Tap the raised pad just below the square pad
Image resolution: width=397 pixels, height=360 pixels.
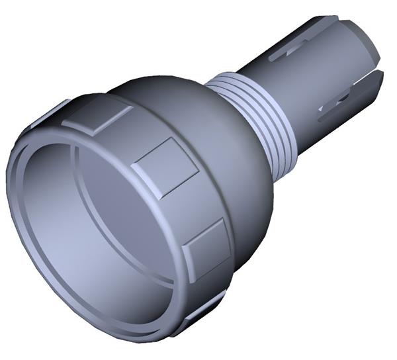tap(207, 247)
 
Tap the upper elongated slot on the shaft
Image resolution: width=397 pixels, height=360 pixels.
tap(292, 48)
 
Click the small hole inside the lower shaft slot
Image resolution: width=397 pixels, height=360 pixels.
tap(343, 99)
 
